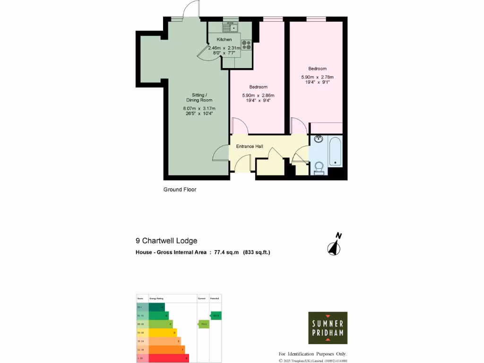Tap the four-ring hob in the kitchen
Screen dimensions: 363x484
pos(246,45)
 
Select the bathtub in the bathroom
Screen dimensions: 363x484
pos(334,152)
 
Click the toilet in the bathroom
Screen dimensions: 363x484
pos(319,168)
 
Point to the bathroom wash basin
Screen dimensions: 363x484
pos(318,139)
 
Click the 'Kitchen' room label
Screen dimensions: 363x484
pos(224,39)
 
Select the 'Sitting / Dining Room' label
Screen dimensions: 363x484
pos(199,97)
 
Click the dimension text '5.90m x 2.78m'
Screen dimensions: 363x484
pos(317,78)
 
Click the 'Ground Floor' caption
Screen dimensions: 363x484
pos(180,190)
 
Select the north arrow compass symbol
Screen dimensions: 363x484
pos(335,245)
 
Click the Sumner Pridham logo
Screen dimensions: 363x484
pos(328,328)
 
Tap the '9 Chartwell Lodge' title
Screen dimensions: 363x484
pos(166,241)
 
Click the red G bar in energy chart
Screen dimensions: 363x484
pos(163,358)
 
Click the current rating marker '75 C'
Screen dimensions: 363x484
pos(203,324)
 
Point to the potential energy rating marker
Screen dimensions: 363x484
pos(215,315)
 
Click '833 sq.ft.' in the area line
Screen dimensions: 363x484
pos(256,252)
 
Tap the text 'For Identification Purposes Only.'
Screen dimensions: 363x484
pos(312,354)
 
